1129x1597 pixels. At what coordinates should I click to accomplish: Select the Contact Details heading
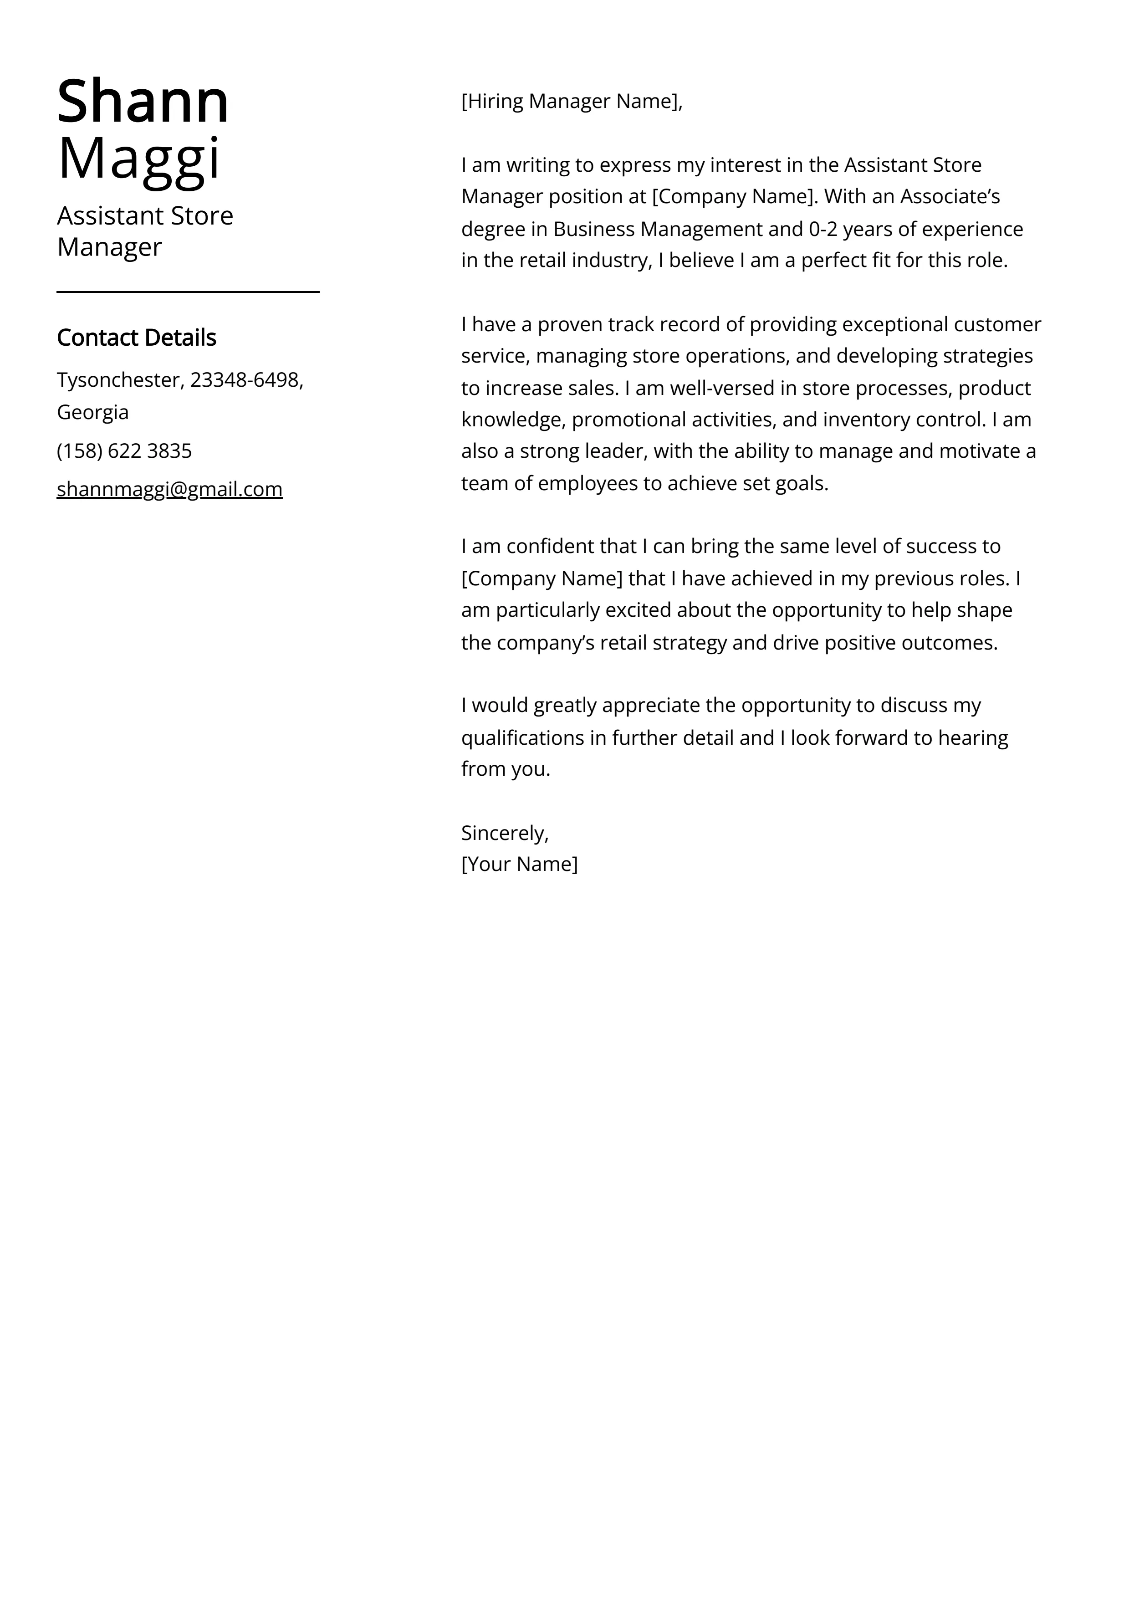[x=136, y=338]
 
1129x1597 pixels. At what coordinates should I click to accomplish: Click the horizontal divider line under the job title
[x=188, y=292]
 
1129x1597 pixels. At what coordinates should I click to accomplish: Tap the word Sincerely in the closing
[x=503, y=833]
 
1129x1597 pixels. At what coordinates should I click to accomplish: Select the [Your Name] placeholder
[x=519, y=864]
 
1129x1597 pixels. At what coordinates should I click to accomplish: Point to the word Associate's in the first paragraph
[x=950, y=197]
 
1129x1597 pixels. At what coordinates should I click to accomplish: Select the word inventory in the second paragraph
[x=866, y=420]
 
